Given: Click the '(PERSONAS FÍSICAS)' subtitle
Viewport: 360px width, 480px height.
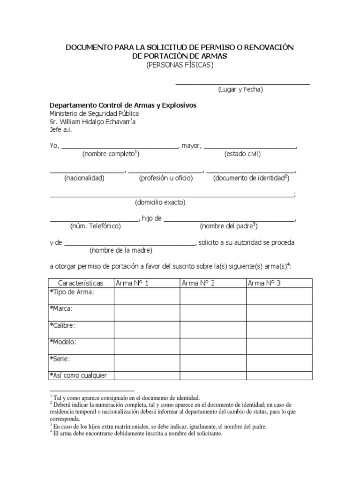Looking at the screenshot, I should (x=180, y=65).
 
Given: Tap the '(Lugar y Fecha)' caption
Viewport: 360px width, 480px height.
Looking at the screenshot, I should (x=240, y=90).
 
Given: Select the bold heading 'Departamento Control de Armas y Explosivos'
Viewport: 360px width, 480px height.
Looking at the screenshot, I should (x=123, y=105).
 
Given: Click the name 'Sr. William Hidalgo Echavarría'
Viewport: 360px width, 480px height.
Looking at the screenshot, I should (x=93, y=122).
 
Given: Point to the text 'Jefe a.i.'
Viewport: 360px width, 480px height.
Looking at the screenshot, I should (x=61, y=130).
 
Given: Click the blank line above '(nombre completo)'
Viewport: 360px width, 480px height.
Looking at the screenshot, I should (x=120, y=147).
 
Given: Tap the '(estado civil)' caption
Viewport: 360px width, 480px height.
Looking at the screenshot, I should (x=242, y=154).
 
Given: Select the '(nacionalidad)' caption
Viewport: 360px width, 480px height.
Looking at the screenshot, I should (x=84, y=178).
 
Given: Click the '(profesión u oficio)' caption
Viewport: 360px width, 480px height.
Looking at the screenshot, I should (x=165, y=178).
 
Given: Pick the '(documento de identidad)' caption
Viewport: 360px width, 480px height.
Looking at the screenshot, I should (x=251, y=178).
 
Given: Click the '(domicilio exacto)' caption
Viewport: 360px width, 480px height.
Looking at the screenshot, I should (x=160, y=202).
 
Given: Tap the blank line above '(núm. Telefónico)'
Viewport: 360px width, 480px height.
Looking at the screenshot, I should (x=94, y=219).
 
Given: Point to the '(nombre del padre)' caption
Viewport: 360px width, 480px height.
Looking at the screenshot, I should (x=229, y=226).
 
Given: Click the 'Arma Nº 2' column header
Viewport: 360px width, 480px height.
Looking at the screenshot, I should (x=198, y=283).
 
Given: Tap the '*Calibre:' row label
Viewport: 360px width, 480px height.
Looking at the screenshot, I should (x=62, y=325).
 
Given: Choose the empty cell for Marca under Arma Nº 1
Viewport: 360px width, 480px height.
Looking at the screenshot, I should (x=147, y=313).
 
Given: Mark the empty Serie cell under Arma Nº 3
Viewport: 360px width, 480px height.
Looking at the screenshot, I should (x=279, y=362).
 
